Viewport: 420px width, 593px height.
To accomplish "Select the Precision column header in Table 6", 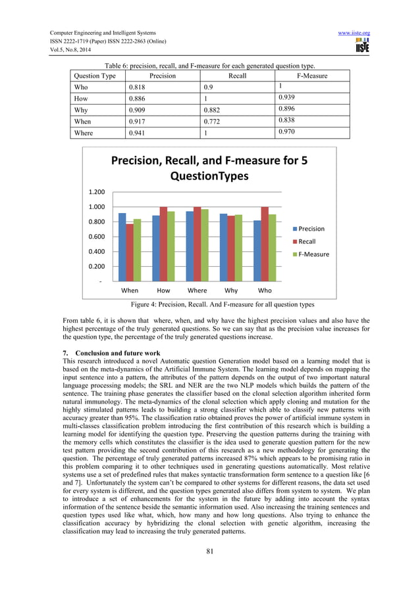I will click(162, 76).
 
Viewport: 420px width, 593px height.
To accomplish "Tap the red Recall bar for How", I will click(163, 244).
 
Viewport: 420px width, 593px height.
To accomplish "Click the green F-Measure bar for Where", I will click(205, 245).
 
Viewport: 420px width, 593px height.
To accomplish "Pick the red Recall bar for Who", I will click(265, 244).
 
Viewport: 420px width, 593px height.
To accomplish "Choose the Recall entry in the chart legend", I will click(310, 241).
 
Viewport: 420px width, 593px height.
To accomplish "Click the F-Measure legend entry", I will click(313, 254).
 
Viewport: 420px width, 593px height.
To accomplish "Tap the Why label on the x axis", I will click(231, 290).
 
